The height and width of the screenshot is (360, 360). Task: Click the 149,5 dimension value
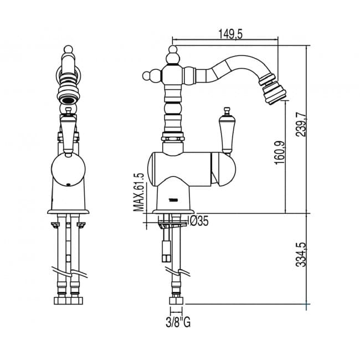[230, 34]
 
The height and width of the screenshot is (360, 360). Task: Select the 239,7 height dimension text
[301, 125]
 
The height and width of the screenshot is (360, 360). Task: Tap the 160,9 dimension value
[279, 152]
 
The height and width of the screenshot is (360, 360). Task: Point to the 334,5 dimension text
[301, 254]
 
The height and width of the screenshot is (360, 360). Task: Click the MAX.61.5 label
[139, 192]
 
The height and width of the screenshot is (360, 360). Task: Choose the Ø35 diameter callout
[198, 222]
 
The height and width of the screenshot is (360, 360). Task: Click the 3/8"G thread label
[178, 322]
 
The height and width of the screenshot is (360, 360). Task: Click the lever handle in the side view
[226, 131]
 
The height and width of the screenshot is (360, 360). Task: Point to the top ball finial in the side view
[173, 49]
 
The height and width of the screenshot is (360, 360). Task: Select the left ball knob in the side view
[146, 75]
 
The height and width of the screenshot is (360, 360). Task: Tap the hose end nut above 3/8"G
[176, 301]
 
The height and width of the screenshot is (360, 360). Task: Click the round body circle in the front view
[68, 170]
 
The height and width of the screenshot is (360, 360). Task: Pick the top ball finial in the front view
[68, 49]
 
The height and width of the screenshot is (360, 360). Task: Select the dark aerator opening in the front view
[68, 100]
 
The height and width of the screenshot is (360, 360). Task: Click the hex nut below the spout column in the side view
[173, 138]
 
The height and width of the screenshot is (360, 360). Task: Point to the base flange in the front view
[68, 212]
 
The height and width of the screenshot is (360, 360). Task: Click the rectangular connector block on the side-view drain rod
[166, 251]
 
